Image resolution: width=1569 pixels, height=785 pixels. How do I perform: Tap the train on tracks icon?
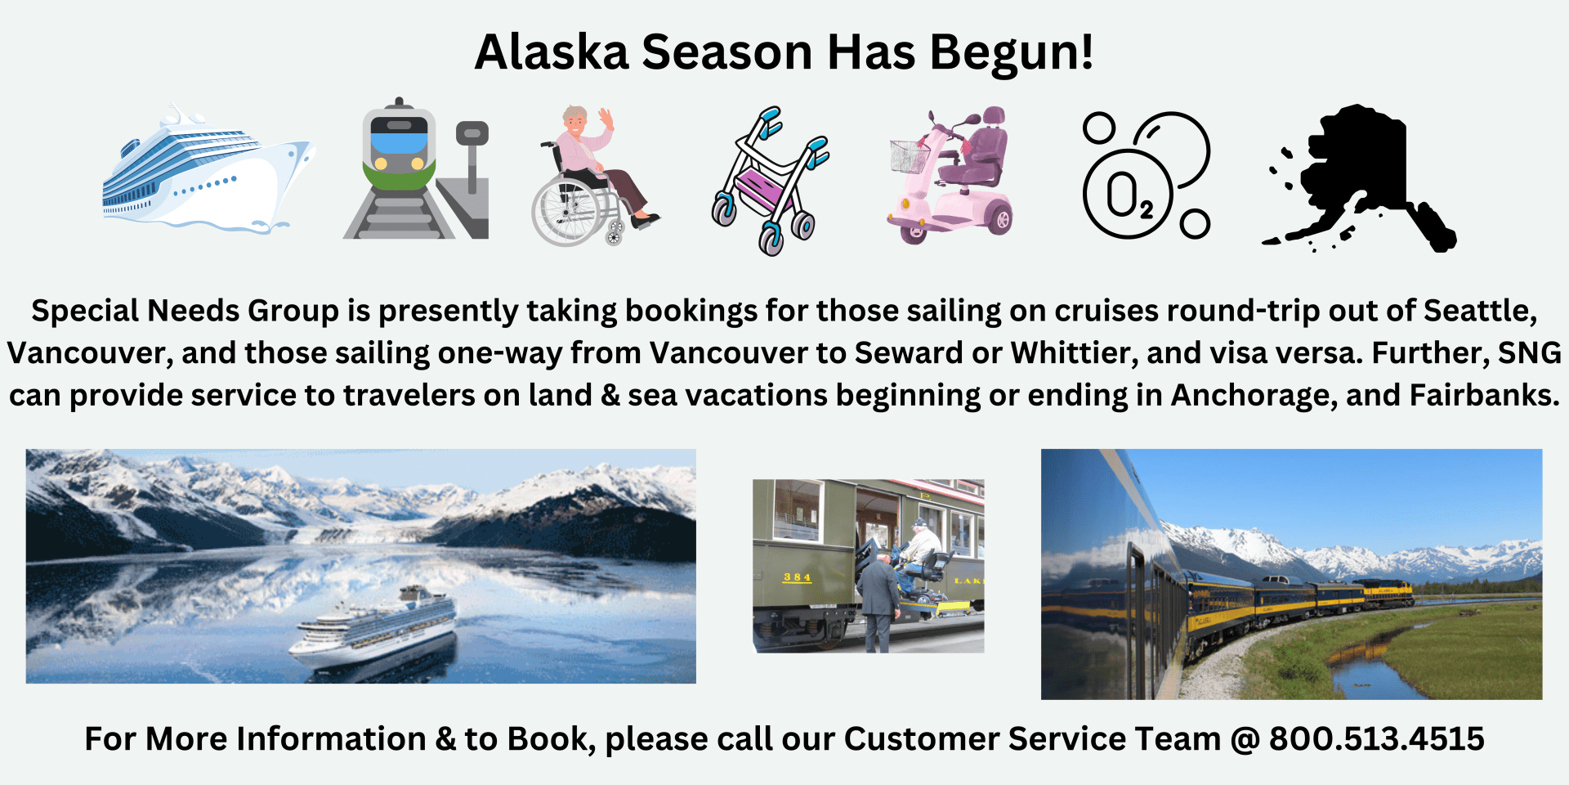coord(416,168)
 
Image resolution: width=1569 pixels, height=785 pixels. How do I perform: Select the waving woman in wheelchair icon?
coord(595,176)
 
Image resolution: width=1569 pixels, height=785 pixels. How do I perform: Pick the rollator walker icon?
coord(770,181)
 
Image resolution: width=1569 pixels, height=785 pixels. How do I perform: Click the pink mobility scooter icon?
coord(950,175)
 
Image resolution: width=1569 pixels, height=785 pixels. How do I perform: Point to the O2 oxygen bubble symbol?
coord(1146,176)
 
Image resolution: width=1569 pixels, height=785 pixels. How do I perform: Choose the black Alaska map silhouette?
coord(1359,177)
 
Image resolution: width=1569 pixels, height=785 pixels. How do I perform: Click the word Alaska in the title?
coord(552,52)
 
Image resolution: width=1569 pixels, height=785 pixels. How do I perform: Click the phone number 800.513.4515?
coord(1376,738)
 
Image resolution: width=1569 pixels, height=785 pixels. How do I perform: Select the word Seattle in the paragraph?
coord(1480,312)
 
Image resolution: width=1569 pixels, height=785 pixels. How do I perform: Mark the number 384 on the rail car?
coord(797,577)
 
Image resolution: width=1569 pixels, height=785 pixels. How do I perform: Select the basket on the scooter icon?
coord(910,156)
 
